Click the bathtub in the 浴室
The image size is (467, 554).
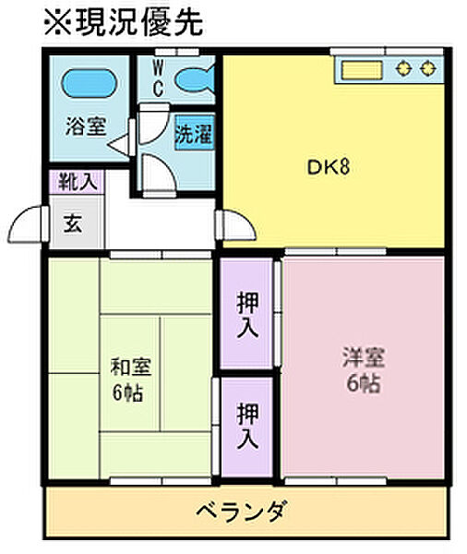click(x=89, y=83)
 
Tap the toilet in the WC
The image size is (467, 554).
click(x=195, y=80)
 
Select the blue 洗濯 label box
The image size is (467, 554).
click(x=195, y=135)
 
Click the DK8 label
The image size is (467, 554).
click(x=329, y=167)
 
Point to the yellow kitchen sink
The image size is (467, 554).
click(x=363, y=70)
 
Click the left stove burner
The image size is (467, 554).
click(x=404, y=68)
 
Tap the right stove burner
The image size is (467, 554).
click(x=428, y=68)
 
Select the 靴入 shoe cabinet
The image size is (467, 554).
click(x=77, y=182)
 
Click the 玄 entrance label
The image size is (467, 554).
click(x=73, y=223)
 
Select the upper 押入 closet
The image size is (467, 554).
click(x=247, y=314)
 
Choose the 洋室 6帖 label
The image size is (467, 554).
click(x=363, y=369)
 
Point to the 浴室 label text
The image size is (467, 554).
click(x=86, y=126)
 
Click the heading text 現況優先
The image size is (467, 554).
click(x=138, y=22)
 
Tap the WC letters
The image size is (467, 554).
click(x=158, y=78)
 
